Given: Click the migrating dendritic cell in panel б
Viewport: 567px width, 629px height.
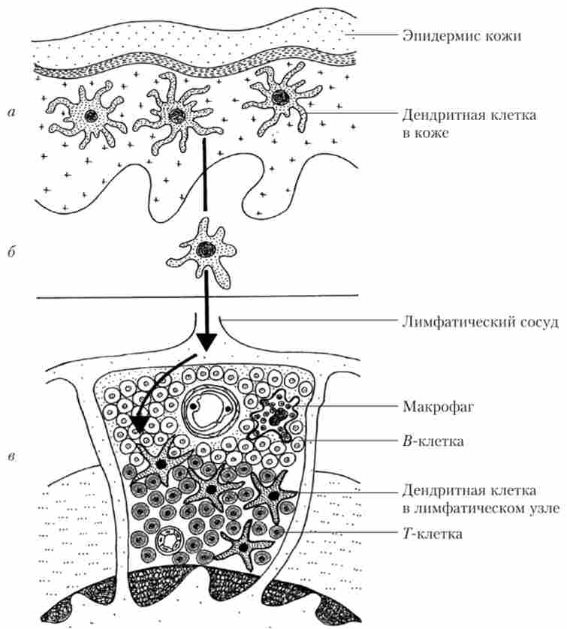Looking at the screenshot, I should coord(204,248).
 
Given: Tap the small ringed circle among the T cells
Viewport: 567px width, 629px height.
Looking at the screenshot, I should coord(168,541).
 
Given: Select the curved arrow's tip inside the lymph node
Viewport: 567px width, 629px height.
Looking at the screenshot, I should coord(136,431).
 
